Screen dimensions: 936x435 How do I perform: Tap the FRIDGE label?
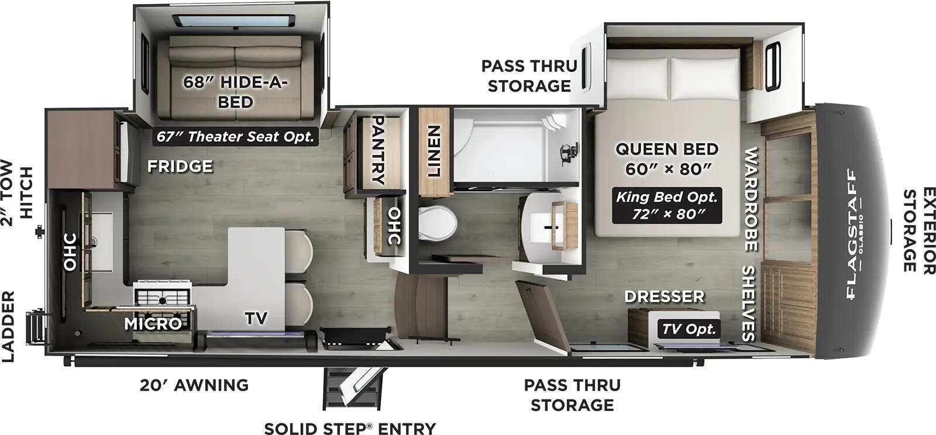coord(180,167)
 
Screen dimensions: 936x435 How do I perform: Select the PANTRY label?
coord(378,150)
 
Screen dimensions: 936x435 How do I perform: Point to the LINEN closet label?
coord(433,151)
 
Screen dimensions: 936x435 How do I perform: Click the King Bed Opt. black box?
coord(667,205)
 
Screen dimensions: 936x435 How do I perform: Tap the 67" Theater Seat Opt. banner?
coord(235,136)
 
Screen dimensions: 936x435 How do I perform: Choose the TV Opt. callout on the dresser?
coord(689,329)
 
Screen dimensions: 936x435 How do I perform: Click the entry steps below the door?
coord(353,388)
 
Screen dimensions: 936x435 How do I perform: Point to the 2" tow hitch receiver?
coord(40,232)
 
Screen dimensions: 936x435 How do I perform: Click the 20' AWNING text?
coord(194,385)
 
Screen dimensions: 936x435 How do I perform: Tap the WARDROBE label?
coord(751,199)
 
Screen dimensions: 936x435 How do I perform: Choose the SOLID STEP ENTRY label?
coord(350,429)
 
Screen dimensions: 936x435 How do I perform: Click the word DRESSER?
coord(665,296)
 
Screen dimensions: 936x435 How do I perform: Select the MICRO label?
coord(153,323)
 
